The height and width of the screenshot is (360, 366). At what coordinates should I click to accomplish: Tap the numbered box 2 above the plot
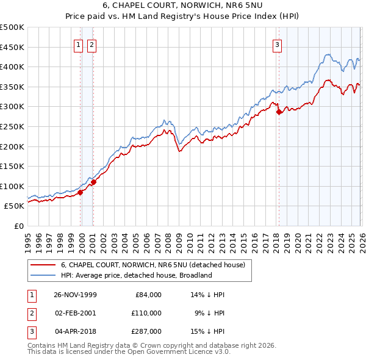[x=91, y=44]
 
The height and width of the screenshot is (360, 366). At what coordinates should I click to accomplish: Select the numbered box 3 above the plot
[x=277, y=44]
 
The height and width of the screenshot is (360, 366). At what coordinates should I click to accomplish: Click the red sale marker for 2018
[x=279, y=112]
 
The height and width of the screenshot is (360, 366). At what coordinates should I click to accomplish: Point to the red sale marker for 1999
[x=81, y=192]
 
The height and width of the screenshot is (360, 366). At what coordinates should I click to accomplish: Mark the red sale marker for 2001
[x=93, y=182]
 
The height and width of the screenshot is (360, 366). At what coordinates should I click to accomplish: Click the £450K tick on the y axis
[x=12, y=47]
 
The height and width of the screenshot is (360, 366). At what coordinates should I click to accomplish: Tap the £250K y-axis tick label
[x=12, y=126]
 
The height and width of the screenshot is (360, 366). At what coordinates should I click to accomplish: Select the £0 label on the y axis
[x=18, y=226]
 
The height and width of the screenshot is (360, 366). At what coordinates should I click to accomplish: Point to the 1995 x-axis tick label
[x=27, y=239]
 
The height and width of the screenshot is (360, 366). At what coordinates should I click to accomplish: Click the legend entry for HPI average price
[x=135, y=275]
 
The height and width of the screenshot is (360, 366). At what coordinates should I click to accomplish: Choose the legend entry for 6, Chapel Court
[x=152, y=265]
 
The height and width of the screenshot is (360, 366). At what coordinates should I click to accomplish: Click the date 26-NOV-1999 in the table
[x=76, y=295]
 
